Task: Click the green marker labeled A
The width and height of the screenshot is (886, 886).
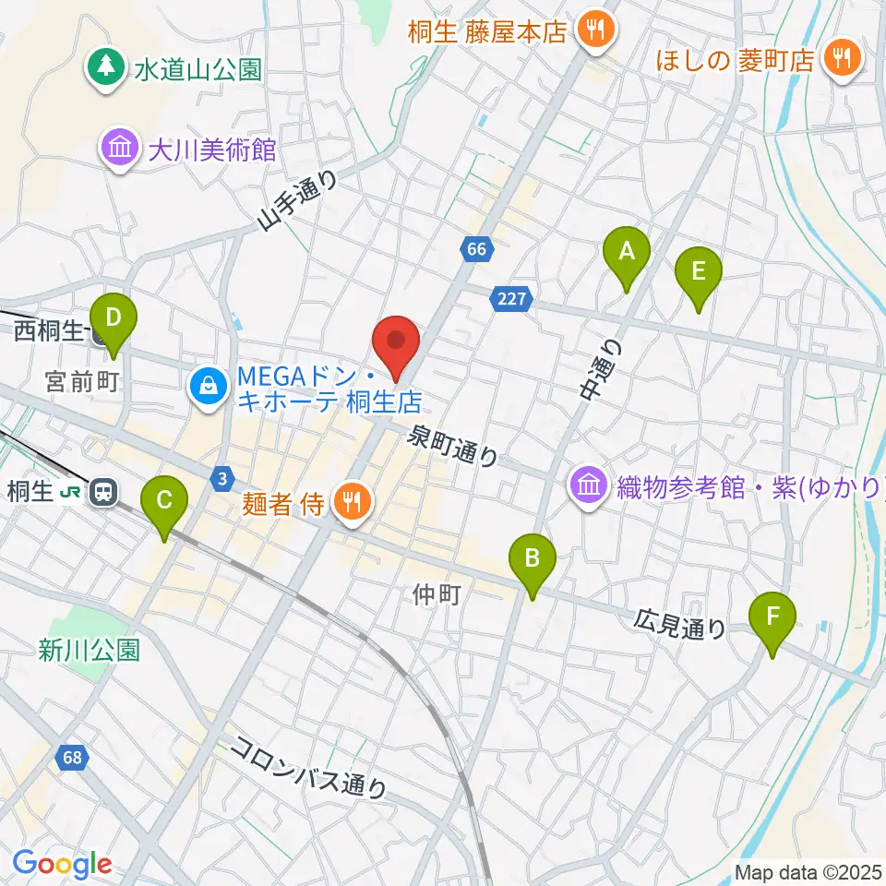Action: tap(627, 252)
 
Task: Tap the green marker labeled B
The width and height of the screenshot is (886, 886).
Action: tap(533, 559)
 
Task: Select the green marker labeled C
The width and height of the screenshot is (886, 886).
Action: tap(164, 503)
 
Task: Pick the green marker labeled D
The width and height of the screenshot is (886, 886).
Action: tap(113, 320)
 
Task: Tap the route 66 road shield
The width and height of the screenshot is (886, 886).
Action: tap(475, 249)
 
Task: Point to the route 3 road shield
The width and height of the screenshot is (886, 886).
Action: tap(221, 477)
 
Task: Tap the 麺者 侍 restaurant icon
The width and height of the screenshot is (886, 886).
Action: tap(350, 502)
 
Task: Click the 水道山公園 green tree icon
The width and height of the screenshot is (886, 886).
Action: tap(108, 67)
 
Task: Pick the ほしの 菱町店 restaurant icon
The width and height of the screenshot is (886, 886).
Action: tap(842, 61)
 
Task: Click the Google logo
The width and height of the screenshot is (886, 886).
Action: tap(62, 865)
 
